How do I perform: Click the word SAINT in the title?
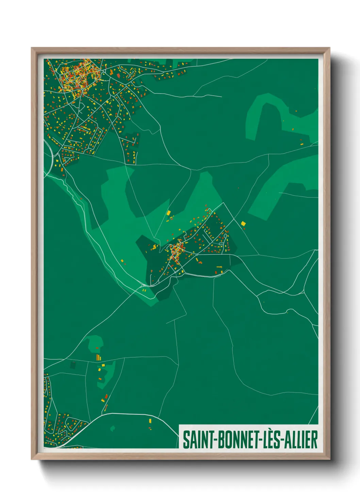197,440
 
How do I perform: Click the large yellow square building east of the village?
243,223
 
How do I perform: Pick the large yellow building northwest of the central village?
168,213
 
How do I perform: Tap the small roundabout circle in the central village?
196,254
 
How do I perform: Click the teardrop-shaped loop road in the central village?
223,243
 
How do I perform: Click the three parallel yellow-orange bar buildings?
98,357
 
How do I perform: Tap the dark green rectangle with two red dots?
72,365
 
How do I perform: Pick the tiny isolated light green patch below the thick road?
113,428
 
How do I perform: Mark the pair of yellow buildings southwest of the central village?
144,290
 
